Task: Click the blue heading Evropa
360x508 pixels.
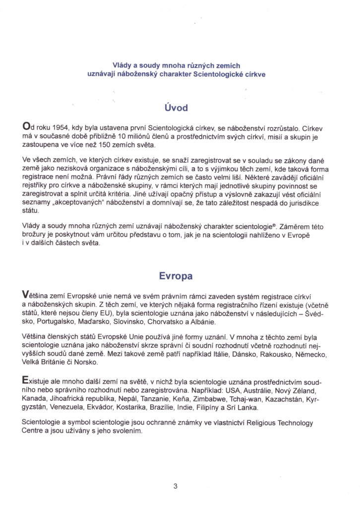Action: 176,275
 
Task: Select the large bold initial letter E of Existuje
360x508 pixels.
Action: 26,381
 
